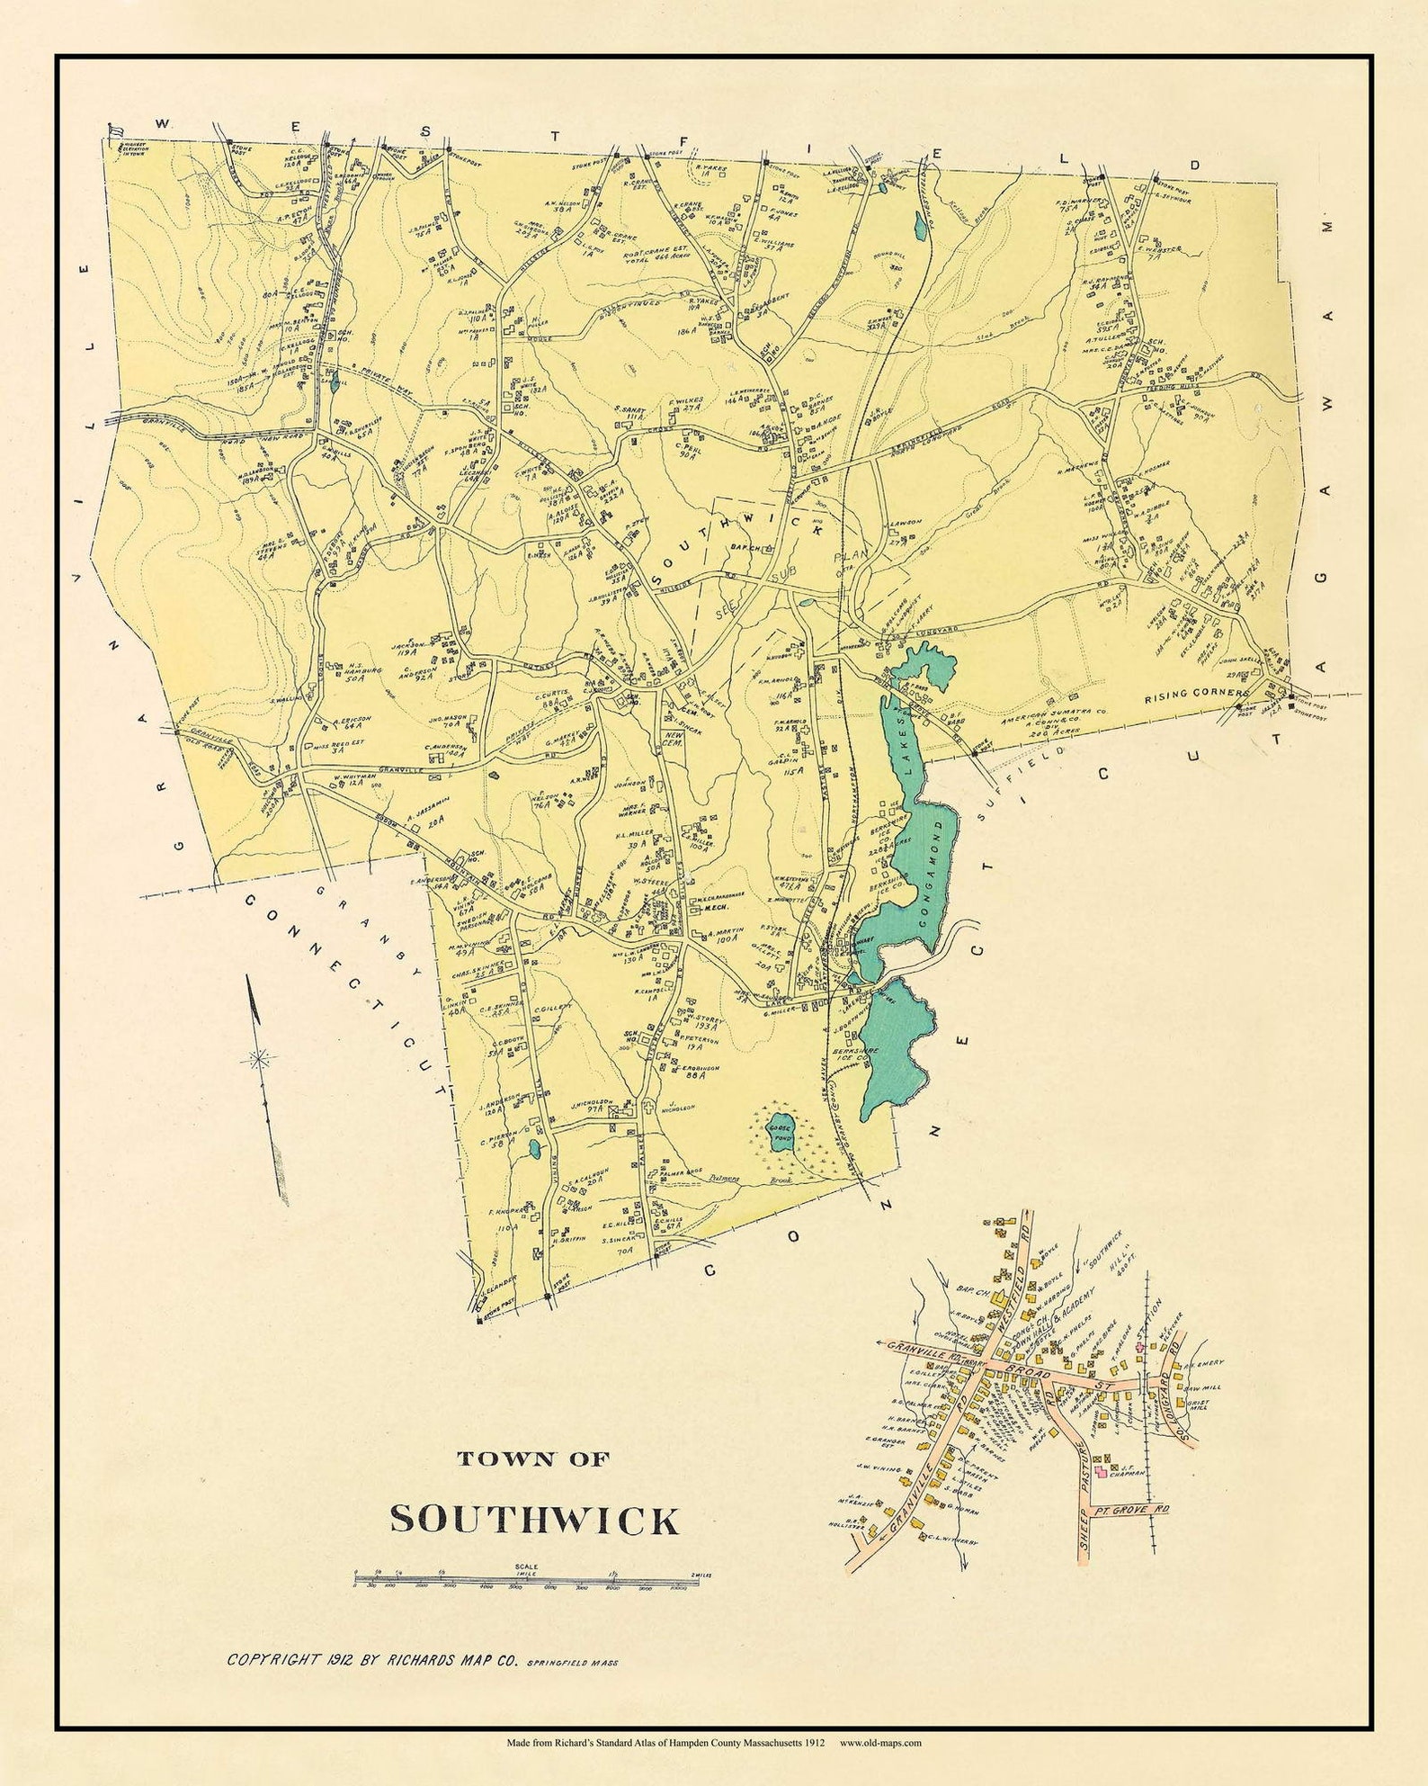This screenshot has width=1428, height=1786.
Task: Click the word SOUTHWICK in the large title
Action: pos(534,1519)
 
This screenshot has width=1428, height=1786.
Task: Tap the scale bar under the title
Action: pos(526,1578)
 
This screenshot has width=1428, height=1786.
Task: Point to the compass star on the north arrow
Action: pos(262,1058)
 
